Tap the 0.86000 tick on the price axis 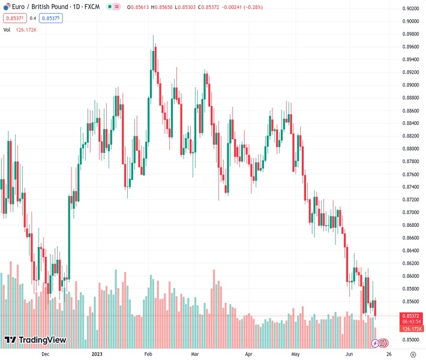(411, 276)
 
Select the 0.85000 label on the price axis (411, 340)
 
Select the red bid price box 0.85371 (13, 18)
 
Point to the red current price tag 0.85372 (412, 316)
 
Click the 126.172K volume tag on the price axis (412, 329)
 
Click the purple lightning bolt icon (376, 343)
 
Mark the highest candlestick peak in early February (153, 35)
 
